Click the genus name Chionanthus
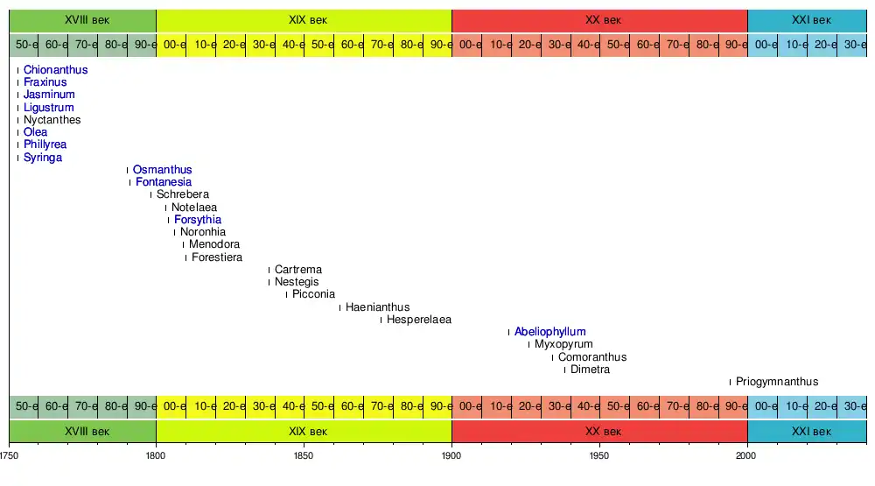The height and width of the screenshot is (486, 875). tap(55, 70)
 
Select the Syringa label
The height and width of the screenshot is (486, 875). tap(43, 158)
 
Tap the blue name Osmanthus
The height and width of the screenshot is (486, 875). tap(162, 170)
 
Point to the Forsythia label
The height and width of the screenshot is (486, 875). tap(197, 220)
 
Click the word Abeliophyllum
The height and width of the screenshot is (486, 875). tap(549, 332)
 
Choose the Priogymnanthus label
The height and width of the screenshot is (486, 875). tap(776, 382)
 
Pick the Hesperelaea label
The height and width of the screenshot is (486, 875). tap(418, 320)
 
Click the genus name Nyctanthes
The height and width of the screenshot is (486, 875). tap(52, 120)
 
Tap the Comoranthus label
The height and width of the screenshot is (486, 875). tap(591, 357)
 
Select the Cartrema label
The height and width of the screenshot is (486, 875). tap(297, 270)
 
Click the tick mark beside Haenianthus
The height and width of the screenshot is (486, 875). tap(339, 307)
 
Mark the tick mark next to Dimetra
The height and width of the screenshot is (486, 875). tap(564, 370)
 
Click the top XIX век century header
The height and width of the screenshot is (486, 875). tap(304, 20)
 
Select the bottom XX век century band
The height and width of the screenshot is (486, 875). tap(599, 432)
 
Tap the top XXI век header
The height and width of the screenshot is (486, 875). tap(806, 20)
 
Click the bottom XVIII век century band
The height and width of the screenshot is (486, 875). tap(82, 432)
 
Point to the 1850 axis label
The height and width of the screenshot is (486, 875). tap(304, 456)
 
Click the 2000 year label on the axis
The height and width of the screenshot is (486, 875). tap(747, 456)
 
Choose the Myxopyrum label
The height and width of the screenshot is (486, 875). tap(563, 345)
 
